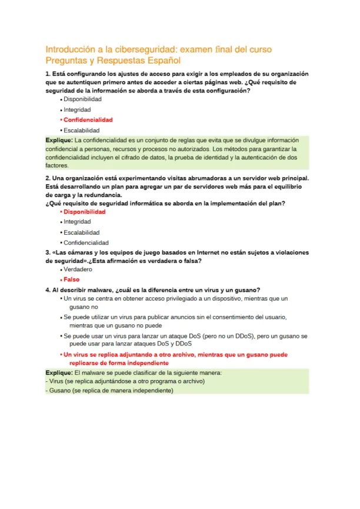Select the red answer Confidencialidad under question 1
[88, 119]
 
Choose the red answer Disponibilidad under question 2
[85, 211]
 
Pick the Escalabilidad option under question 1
[82, 130]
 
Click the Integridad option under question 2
[77, 222]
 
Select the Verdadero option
[78, 269]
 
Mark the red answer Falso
[71, 280]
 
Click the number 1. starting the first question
[48, 74]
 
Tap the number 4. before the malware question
[48, 290]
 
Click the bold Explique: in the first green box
[59, 141]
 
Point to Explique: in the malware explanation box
[59, 373]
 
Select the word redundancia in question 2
[103, 195]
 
